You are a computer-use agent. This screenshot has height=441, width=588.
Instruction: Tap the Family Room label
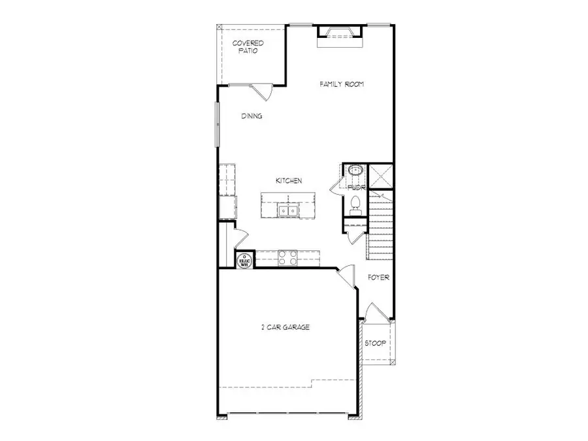coord(341,84)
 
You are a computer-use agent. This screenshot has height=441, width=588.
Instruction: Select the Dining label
coord(252,116)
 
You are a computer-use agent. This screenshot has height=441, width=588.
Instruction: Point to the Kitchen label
coord(288,181)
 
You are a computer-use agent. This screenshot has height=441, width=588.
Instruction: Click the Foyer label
coord(378,278)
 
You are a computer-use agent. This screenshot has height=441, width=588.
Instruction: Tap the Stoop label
coord(375,343)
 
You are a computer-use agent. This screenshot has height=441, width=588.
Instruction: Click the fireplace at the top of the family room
coord(339,34)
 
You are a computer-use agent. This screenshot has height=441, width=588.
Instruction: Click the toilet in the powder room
coord(355,203)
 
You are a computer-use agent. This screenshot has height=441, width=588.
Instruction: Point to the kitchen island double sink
coord(287,210)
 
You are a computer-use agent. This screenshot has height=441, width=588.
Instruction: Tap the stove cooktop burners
coord(288,258)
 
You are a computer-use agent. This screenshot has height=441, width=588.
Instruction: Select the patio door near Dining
coord(263,91)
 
